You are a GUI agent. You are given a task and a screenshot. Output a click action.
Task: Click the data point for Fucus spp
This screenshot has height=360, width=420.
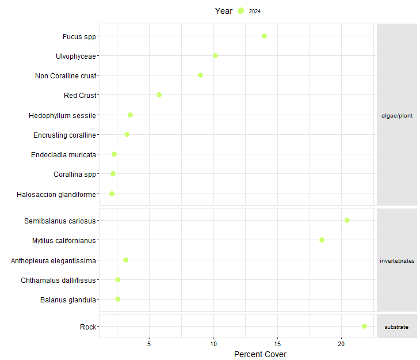tap(264, 36)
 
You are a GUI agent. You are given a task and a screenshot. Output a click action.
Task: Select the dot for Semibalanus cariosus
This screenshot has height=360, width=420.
tap(347, 220)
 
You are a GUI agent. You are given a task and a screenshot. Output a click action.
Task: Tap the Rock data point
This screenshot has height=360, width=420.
tap(364, 326)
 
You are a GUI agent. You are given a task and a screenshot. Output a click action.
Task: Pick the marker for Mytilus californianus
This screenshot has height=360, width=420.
tap(322, 240)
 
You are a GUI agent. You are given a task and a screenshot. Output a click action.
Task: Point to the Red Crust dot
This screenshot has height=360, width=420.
tap(159, 94)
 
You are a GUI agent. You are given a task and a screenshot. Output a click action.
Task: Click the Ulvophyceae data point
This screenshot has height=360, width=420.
tap(215, 55)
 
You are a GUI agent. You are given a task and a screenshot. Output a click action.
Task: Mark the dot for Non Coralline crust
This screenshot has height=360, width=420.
tap(200, 75)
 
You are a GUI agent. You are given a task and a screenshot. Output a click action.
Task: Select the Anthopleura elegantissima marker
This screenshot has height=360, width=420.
tap(125, 260)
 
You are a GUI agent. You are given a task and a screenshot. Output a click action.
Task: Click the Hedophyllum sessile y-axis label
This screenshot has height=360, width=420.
tap(62, 115)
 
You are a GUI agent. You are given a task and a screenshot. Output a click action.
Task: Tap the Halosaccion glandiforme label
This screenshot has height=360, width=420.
tap(56, 194)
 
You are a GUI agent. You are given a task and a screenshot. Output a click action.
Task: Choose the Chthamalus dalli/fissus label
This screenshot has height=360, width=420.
tap(58, 280)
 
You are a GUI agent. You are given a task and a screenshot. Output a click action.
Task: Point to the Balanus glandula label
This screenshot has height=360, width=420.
tap(68, 300)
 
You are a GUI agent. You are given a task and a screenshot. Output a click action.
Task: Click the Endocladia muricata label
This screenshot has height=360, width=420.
tap(63, 154)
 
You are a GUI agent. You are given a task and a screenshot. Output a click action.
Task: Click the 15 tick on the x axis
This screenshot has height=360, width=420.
tap(278, 344)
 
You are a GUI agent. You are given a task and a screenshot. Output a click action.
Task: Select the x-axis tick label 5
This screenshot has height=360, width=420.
tap(150, 344)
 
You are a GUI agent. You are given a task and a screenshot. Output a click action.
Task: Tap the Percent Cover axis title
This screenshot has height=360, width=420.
tap(260, 354)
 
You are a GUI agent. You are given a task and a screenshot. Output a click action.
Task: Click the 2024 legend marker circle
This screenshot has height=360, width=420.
tap(240, 11)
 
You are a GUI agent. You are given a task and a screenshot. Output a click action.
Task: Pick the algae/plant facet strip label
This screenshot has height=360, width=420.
tap(396, 115)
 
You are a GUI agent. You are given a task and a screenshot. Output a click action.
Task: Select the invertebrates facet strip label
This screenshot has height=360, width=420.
tap(396, 260)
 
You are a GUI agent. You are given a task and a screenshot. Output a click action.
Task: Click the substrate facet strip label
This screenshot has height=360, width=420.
tap(396, 327)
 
